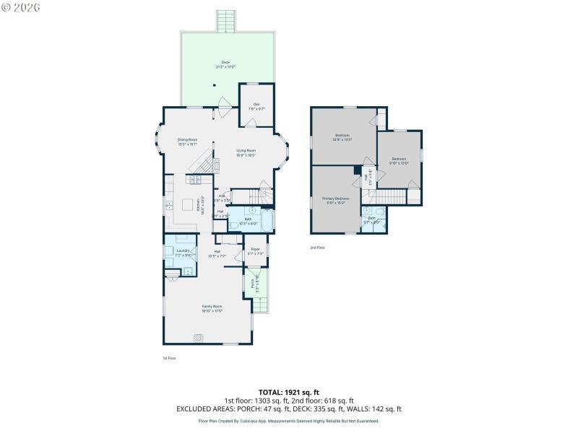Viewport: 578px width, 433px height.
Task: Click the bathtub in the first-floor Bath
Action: coord(267,221)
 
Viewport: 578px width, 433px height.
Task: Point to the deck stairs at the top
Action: coord(226,21)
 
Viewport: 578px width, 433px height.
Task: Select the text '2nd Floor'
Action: coord(318,248)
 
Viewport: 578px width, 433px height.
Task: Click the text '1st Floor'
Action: coord(169,358)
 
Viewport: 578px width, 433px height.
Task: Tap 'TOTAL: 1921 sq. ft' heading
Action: coord(289,392)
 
